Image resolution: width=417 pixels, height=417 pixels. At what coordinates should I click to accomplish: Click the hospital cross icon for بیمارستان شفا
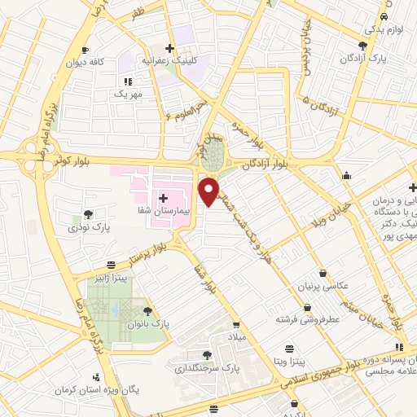pyautogui.click(x=163, y=197)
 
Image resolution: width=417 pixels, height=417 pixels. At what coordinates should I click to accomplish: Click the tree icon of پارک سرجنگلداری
pyautogui.click(x=208, y=355)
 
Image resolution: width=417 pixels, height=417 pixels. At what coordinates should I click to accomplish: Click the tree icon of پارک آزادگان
pyautogui.click(x=362, y=46)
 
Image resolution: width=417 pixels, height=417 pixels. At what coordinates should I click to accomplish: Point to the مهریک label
pyautogui.click(x=127, y=94)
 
